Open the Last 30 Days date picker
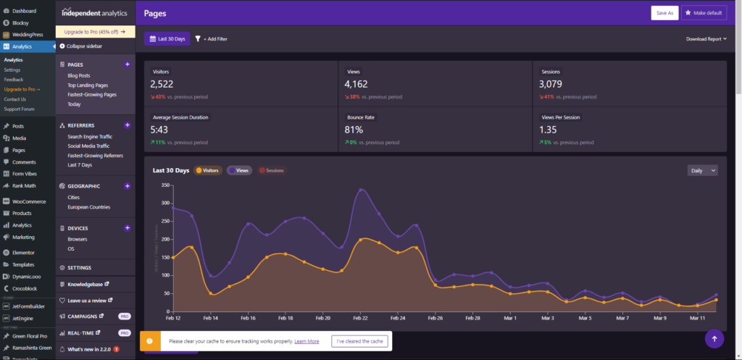pos(167,38)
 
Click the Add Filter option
pos(211,38)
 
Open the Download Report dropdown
pos(706,39)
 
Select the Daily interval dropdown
pos(702,170)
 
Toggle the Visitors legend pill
pos(207,171)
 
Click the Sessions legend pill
pos(272,171)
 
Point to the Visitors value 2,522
pos(162,85)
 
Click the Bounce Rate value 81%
pos(354,130)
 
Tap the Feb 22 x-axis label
pos(360,318)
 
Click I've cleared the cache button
pos(360,341)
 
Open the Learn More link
pos(307,341)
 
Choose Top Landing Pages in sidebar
pos(88,85)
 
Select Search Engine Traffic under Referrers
pos(90,136)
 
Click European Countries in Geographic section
pos(88,206)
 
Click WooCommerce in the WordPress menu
pos(29,201)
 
